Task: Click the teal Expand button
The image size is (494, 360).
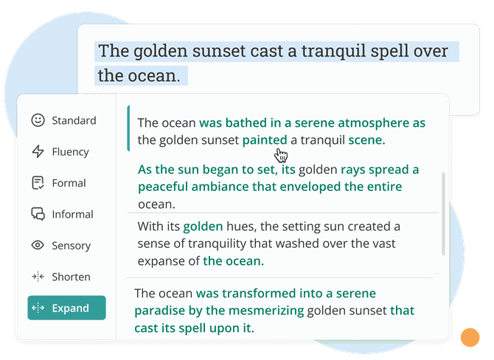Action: (67, 308)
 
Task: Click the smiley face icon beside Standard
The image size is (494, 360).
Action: (38, 120)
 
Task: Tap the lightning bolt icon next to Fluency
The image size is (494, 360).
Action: (38, 151)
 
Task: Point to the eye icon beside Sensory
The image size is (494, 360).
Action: (38, 245)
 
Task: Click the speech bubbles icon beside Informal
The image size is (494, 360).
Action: (38, 214)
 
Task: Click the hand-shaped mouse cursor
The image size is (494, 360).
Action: (281, 155)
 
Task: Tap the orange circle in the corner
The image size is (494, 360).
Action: (470, 337)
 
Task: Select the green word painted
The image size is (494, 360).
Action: (265, 140)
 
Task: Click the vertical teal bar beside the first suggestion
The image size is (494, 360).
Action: (128, 128)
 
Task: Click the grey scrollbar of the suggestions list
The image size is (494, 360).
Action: (443, 214)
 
